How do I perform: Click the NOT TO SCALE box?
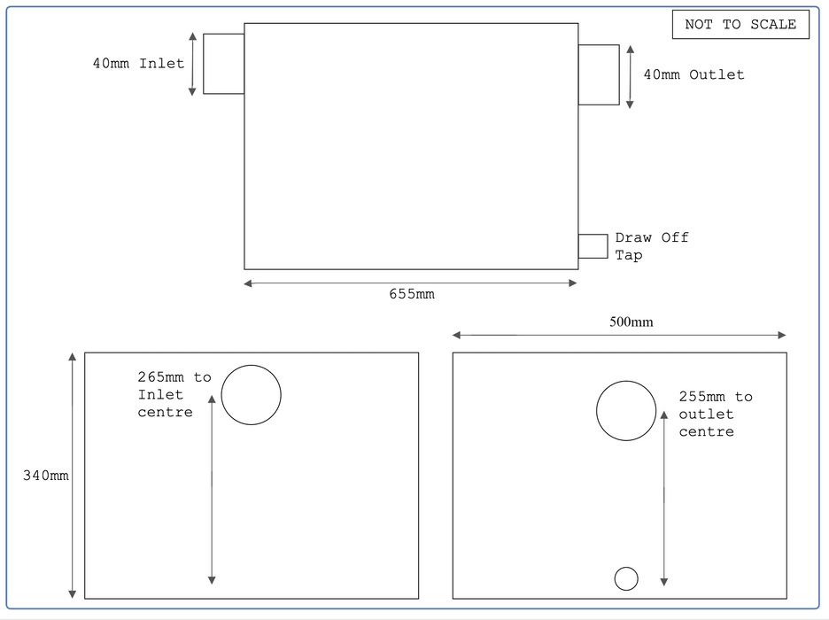pos(740,25)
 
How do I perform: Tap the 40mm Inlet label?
pos(139,64)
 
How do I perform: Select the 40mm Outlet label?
pos(693,75)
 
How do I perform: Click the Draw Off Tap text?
pos(651,246)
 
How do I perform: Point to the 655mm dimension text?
pos(412,294)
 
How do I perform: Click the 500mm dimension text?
pos(631,322)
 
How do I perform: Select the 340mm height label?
pos(45,476)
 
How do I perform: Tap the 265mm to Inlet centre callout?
pos(174,394)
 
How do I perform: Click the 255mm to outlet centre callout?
pos(716,414)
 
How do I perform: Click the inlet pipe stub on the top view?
pos(223,64)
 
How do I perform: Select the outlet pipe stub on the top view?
pos(599,74)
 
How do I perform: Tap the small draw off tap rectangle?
pos(593,246)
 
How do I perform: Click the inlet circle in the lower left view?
pos(252,394)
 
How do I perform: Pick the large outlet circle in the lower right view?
pos(626,411)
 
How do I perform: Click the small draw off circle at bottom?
pos(626,578)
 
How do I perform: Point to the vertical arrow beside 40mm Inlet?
pos(192,64)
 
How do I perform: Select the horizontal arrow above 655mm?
pos(411,283)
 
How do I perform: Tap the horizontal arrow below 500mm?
pos(619,335)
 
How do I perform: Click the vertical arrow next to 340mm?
pos(73,476)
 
